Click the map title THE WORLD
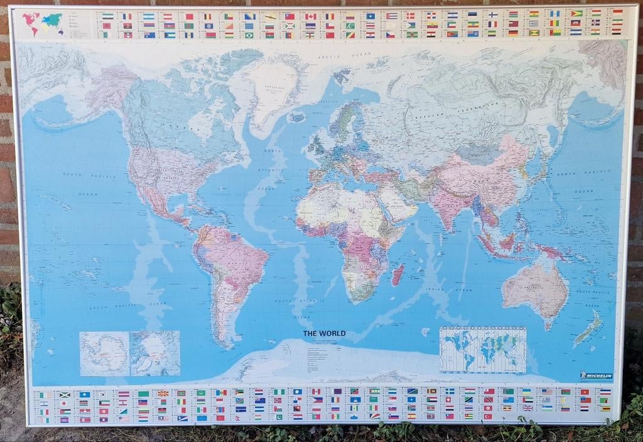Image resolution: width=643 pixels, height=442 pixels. tap(324, 333)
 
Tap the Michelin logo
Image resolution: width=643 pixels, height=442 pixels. tap(595, 375)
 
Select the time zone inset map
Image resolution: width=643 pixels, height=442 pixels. tap(482, 350)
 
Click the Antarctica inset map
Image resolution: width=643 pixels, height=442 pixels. tap(104, 353)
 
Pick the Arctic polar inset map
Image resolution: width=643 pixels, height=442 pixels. tap(155, 353)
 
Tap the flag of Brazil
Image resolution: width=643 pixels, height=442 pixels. tap(249, 35)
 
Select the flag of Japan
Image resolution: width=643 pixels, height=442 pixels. tap(65, 403)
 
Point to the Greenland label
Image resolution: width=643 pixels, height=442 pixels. tap(274, 87)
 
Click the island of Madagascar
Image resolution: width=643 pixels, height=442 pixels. tap(397, 274)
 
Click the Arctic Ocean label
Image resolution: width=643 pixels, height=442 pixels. tap(337, 57)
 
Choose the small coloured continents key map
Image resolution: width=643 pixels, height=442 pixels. tap(42, 23)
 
